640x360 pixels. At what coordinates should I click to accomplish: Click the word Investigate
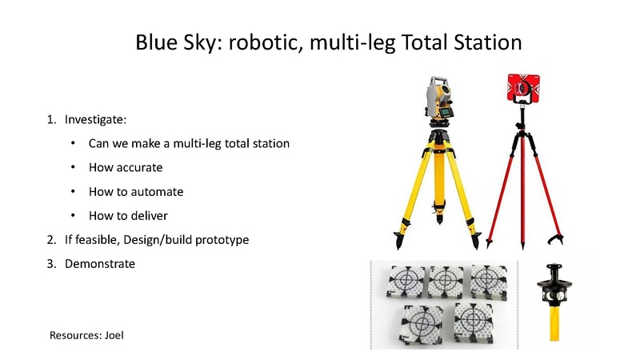[x=95, y=120]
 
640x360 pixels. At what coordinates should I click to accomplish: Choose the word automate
[x=157, y=192]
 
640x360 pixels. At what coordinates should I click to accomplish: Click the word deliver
[x=150, y=215]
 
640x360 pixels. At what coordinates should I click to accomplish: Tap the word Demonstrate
[x=100, y=264]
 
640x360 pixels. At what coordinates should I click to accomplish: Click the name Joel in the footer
[x=114, y=335]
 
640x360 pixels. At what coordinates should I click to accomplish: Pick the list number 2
[x=51, y=239]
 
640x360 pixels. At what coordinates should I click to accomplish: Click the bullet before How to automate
[x=73, y=191]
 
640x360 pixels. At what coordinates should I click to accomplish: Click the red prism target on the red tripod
[x=523, y=88]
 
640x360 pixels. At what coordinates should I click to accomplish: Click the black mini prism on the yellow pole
[x=554, y=285]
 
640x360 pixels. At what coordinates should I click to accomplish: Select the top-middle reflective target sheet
[x=446, y=282]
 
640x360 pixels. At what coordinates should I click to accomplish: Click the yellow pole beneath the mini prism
[x=554, y=323]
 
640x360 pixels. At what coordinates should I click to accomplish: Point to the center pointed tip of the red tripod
[x=523, y=247]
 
